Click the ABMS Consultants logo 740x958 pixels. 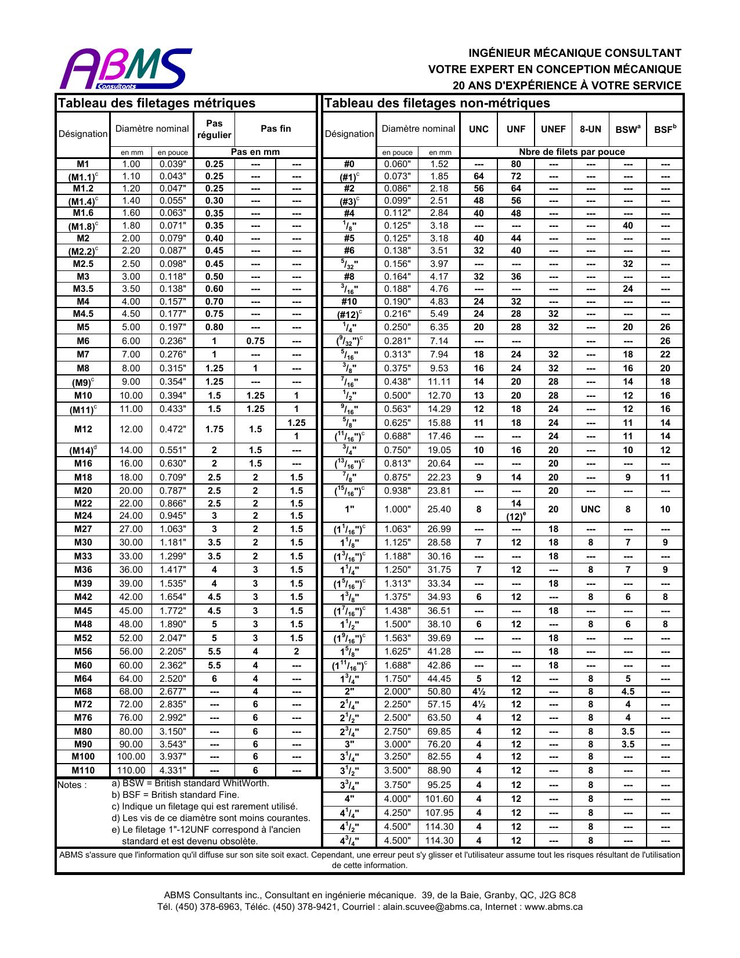tap(125, 68)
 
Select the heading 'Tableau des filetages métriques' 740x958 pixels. tap(157, 103)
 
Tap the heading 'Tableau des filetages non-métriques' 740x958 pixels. tap(436, 103)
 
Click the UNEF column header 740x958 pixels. tap(553, 129)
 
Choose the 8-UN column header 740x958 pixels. tap(590, 129)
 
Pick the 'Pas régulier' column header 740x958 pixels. tap(214, 129)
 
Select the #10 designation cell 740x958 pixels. tap(349, 302)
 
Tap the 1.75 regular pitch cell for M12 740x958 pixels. tap(214, 429)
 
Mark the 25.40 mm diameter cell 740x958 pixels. tap(439, 509)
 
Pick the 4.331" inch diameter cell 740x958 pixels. tap(173, 771)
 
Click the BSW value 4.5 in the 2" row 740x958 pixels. tap(627, 692)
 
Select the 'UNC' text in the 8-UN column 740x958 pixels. tap(590, 509)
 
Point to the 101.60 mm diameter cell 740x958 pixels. tap(439, 799)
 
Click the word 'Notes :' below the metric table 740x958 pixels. tap(73, 786)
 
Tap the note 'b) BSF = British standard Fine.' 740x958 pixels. tap(175, 795)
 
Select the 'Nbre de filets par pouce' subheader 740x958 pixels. tap(572, 152)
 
